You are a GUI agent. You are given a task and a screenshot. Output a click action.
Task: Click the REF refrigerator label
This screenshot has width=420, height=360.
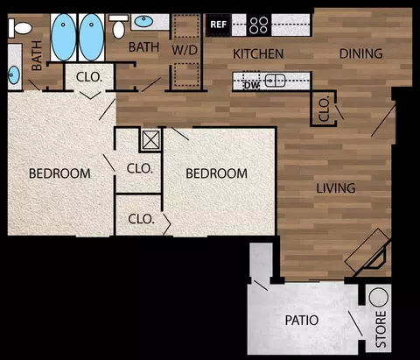click(218, 25)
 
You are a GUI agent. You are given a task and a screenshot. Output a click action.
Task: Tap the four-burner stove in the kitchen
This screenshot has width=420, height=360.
click(259, 25)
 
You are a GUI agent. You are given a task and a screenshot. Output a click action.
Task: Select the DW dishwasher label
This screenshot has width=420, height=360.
click(251, 85)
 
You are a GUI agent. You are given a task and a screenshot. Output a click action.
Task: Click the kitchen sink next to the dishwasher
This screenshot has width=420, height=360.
click(275, 81)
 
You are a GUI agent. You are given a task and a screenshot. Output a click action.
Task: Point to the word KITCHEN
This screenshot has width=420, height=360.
click(258, 54)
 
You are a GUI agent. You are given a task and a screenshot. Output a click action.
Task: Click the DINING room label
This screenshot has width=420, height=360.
click(361, 53)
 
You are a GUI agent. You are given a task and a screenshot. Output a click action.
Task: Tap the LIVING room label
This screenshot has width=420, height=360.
click(336, 188)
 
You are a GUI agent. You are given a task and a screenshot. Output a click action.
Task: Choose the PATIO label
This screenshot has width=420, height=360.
click(302, 321)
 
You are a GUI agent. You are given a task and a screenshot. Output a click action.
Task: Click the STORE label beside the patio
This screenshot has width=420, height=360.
click(381, 328)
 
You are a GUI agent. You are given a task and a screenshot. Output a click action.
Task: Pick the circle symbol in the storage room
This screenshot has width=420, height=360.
click(379, 297)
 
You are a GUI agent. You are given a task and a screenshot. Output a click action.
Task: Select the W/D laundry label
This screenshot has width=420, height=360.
click(185, 50)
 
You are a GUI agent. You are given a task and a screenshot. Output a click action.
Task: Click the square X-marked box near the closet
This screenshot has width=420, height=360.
click(150, 140)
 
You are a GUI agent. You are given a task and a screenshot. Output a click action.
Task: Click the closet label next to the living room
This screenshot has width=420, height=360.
click(324, 109)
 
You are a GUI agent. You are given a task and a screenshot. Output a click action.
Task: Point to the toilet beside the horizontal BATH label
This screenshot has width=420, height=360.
click(118, 26)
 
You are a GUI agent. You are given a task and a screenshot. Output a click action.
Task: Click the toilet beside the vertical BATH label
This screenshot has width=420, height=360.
click(20, 28)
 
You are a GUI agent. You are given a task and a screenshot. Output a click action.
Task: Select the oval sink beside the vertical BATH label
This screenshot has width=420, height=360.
click(13, 74)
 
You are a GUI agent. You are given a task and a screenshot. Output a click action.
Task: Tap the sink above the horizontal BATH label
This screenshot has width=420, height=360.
click(143, 21)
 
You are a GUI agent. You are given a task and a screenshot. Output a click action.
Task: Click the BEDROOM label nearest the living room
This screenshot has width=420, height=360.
click(216, 173)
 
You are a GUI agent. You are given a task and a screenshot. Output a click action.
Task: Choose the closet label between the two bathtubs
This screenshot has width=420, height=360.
click(89, 77)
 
